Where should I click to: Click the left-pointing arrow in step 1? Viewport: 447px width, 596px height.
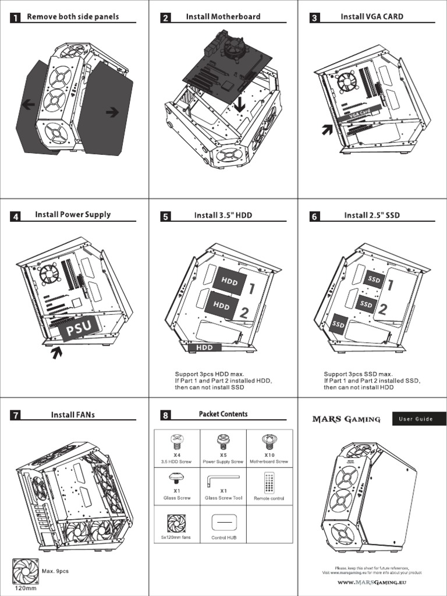(27, 105)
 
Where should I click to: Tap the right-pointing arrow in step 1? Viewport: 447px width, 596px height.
(112, 112)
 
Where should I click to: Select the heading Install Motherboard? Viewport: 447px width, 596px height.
(223, 17)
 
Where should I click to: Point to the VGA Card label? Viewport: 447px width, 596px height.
(359, 114)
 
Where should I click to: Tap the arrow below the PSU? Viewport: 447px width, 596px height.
(56, 353)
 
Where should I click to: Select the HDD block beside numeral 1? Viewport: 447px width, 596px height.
(229, 282)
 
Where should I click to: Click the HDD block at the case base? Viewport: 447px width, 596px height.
(204, 347)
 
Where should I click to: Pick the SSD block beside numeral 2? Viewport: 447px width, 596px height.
(366, 304)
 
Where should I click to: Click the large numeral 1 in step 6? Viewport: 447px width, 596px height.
(391, 285)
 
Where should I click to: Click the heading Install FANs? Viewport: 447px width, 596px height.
(73, 415)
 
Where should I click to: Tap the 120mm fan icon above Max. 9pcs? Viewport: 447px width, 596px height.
(25, 571)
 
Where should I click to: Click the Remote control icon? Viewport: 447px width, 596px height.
(269, 482)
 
